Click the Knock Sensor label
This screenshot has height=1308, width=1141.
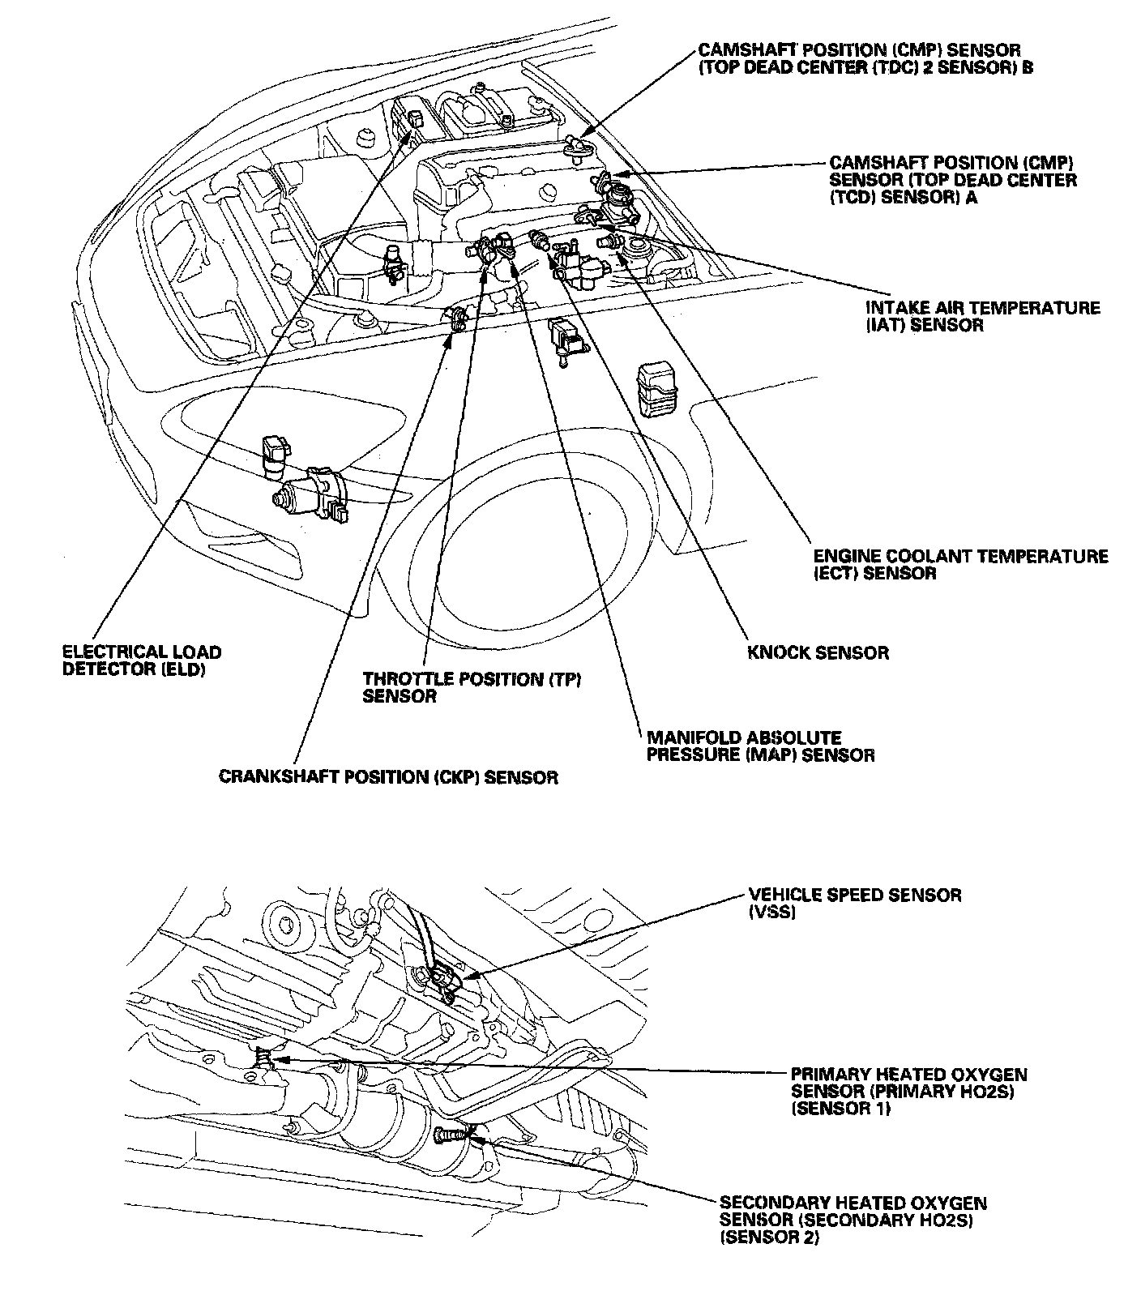tap(818, 652)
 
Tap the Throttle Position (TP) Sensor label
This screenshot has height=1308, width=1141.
tap(472, 687)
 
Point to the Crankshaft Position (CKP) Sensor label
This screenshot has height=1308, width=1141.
tap(388, 777)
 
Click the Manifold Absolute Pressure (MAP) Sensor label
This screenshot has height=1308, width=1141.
tap(760, 746)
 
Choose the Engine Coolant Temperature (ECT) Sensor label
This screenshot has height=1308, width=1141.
tap(960, 565)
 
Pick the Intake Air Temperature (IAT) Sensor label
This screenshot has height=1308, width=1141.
tap(983, 316)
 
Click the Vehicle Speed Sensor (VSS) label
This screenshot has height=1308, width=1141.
tap(855, 903)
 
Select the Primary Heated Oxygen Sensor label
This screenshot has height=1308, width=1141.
tap(908, 1091)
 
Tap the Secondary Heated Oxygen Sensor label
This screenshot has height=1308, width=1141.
tap(853, 1221)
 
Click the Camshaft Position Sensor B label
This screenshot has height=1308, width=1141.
tap(865, 59)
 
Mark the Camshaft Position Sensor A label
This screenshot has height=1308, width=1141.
tap(953, 179)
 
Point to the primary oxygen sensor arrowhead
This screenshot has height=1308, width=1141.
tap(279, 1058)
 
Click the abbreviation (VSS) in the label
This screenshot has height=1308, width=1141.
tap(772, 912)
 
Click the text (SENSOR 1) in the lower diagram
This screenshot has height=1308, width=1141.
tap(840, 1109)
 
